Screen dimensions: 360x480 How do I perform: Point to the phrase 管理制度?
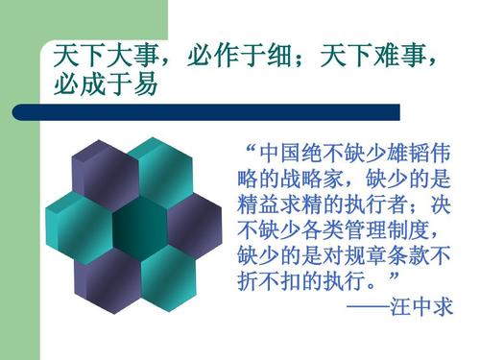[386, 231]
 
